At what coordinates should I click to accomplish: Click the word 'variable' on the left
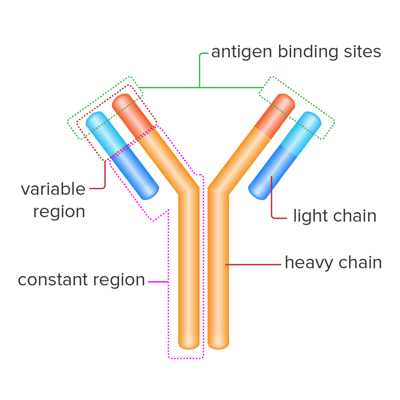pyautogui.click(x=53, y=190)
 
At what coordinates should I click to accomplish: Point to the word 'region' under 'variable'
pyautogui.click(x=59, y=212)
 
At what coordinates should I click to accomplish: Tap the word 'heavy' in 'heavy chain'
pyautogui.click(x=309, y=263)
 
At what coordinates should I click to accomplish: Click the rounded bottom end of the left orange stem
pyautogui.click(x=189, y=342)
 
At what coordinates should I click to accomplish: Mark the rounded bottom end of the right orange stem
pyautogui.click(x=218, y=342)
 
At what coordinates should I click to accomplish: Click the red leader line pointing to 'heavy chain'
pyautogui.click(x=254, y=264)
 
